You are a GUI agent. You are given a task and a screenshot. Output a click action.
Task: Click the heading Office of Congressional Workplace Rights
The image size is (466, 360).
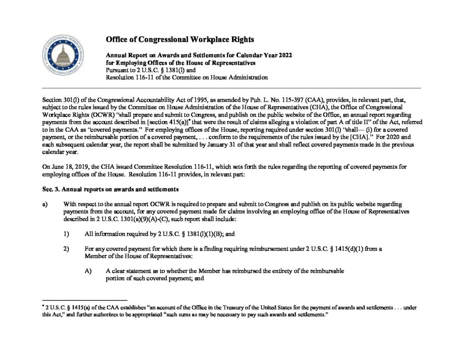click(180, 39)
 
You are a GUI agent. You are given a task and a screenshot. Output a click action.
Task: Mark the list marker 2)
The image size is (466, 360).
click(66, 248)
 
